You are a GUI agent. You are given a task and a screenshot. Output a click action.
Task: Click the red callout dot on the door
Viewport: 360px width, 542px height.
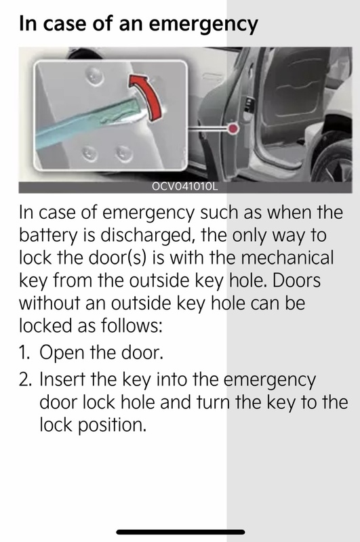[233, 129]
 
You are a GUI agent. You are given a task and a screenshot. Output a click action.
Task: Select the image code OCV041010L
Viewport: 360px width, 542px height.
[185, 187]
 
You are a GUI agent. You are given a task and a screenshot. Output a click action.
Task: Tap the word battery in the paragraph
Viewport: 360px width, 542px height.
[47, 236]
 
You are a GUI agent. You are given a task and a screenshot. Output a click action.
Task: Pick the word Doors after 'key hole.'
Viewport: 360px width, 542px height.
[297, 280]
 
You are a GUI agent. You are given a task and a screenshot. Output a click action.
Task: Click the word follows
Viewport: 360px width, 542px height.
[132, 325]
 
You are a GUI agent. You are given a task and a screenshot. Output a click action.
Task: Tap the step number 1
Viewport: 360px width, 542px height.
[24, 352]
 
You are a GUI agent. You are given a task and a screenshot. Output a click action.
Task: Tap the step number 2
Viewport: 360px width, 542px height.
[25, 379]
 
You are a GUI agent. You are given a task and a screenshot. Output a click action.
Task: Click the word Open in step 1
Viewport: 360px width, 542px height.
[62, 353]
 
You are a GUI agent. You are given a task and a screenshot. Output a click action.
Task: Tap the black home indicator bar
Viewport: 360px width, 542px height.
[180, 532]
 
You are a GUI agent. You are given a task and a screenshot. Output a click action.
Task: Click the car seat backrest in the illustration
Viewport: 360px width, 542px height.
[294, 83]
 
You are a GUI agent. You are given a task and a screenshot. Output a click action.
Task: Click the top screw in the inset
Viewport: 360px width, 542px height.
[94, 76]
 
